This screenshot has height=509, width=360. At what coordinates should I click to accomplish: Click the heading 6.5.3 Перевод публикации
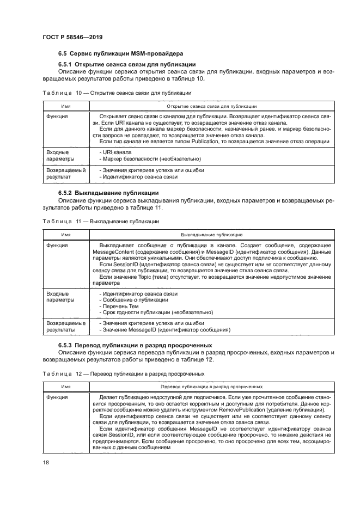tap(135, 346)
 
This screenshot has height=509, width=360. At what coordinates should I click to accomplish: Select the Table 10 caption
tap(114, 93)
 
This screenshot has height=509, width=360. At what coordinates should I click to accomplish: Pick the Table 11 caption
tap(101, 222)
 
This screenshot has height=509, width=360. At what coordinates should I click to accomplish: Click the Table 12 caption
tap(124, 374)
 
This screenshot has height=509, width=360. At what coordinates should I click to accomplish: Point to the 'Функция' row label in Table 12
tap(57, 398)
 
